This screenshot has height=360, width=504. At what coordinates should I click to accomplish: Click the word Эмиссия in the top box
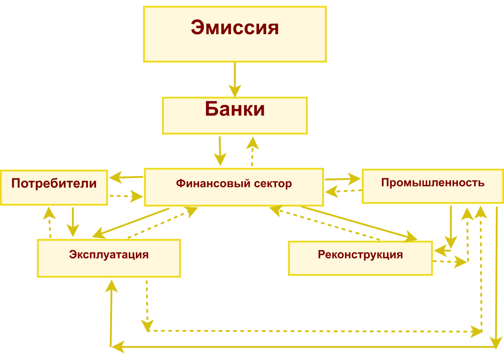coord(235,28)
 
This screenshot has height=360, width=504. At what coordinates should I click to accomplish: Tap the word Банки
coord(235,109)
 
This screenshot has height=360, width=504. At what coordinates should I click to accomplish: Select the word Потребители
coord(54,184)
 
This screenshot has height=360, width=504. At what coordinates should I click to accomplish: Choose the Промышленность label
coord(433,183)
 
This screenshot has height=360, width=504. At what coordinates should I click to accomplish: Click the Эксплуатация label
coord(109,254)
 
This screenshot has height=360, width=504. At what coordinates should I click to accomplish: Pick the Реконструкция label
coord(360,254)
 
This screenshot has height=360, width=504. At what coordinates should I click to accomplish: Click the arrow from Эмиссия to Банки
coord(235,79)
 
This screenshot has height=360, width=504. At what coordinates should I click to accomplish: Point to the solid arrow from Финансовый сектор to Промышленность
coord(343,179)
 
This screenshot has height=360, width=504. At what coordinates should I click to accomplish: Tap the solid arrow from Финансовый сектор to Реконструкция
coord(358,223)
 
